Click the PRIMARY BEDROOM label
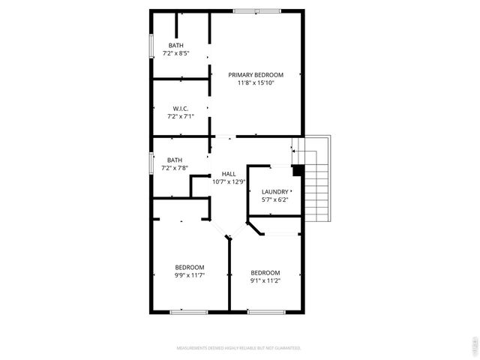(256, 74)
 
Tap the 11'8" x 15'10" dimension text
(256, 83)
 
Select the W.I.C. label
(179, 108)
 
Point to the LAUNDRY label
(274, 191)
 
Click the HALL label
(229, 173)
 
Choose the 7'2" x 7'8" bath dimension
(175, 168)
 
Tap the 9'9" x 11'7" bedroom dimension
(190, 275)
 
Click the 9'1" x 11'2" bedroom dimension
(265, 280)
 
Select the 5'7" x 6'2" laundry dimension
(274, 200)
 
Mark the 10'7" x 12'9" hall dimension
(229, 181)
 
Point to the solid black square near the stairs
(297, 170)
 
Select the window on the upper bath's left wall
(151, 46)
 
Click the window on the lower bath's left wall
(151, 163)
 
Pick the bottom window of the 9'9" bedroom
(188, 310)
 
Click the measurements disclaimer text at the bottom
(238, 348)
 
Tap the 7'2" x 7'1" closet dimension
(179, 116)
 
